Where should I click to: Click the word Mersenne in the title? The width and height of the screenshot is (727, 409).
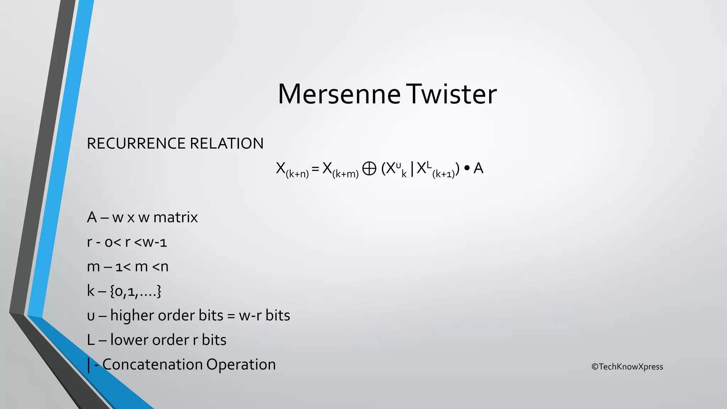(339, 94)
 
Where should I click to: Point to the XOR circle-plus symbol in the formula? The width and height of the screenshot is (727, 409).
(369, 168)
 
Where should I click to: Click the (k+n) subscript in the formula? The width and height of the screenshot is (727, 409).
(297, 174)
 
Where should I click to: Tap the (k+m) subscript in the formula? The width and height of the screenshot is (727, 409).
(345, 174)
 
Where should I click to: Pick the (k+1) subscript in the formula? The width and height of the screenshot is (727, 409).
(444, 174)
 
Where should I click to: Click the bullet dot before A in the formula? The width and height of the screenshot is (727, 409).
(466, 168)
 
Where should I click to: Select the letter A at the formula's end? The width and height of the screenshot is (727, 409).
(478, 168)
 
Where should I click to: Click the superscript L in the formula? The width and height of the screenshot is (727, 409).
(429, 164)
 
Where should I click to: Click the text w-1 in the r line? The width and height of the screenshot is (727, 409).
(155, 242)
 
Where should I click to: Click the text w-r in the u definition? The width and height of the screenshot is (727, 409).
(250, 315)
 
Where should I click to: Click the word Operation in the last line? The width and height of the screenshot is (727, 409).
(241, 365)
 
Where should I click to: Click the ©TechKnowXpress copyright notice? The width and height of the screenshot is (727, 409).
(627, 367)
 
